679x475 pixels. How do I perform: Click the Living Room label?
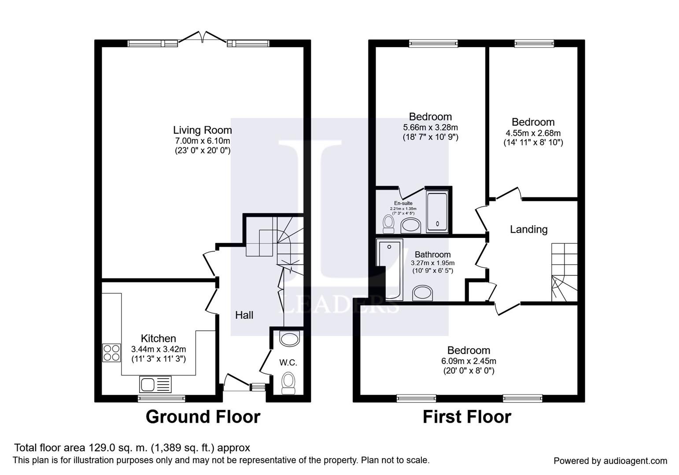(203, 130)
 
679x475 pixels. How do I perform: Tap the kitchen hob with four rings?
(111, 353)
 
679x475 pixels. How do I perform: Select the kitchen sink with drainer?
(155, 384)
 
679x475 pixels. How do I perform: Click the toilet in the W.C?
(288, 384)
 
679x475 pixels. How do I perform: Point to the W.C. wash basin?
(289, 339)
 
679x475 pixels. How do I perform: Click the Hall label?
(244, 315)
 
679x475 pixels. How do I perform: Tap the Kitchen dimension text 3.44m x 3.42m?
(159, 349)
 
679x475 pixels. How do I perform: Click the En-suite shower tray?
(437, 212)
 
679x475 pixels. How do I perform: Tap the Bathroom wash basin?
(423, 293)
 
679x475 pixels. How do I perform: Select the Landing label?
(529, 229)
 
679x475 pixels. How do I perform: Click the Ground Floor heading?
(203, 417)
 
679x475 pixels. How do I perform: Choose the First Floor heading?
(467, 417)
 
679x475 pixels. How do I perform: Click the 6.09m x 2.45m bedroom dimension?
(469, 361)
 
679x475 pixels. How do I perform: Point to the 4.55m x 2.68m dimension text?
(533, 133)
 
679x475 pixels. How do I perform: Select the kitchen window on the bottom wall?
(161, 398)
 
